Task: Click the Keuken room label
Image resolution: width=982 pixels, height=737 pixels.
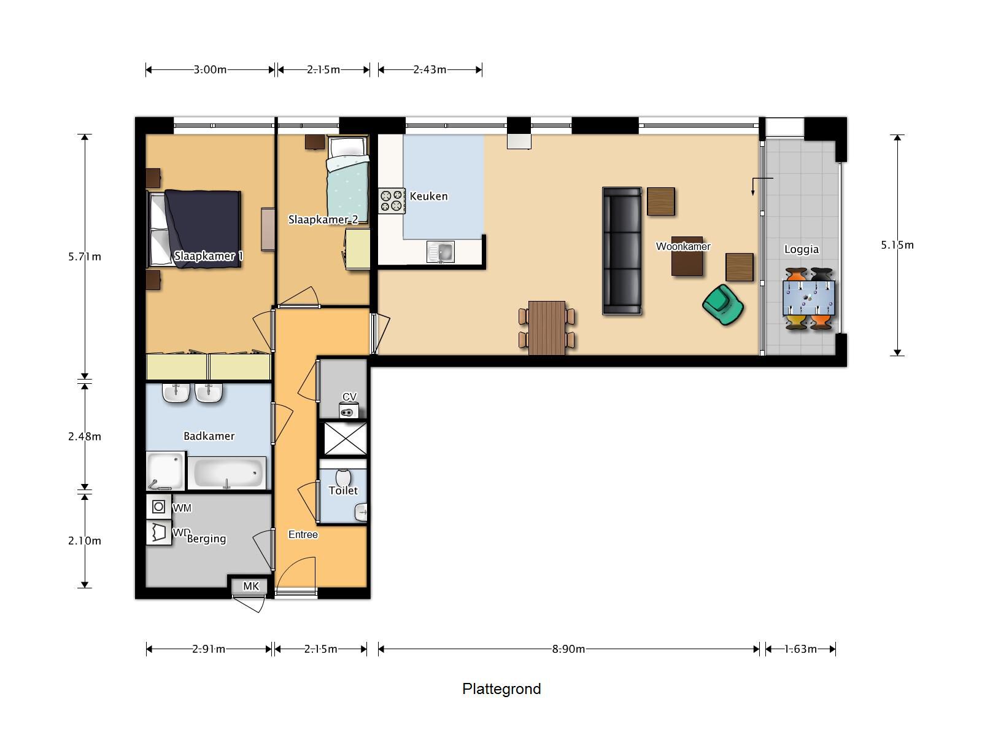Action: (428, 197)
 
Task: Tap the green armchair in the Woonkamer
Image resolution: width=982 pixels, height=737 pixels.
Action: (723, 304)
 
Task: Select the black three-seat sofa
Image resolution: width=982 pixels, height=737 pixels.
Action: (622, 251)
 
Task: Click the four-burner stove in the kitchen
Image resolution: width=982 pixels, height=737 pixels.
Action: (392, 201)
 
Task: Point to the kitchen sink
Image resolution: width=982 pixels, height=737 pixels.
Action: (441, 251)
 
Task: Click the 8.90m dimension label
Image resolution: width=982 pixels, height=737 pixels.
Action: (568, 649)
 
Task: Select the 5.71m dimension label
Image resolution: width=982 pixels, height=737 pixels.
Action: (85, 257)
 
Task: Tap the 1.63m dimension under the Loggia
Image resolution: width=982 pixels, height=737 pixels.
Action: (800, 649)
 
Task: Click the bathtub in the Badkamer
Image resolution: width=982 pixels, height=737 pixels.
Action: (227, 473)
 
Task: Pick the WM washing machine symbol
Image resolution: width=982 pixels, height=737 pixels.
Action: (158, 507)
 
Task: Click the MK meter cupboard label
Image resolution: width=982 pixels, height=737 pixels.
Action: (251, 587)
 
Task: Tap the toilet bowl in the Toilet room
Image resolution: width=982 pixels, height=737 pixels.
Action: (343, 477)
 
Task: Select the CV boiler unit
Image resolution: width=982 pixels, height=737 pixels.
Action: (349, 411)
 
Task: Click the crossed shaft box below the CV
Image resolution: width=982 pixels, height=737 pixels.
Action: (345, 439)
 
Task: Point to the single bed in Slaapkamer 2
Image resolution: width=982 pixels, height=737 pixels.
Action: (347, 174)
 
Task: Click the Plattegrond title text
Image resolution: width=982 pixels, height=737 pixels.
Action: (501, 688)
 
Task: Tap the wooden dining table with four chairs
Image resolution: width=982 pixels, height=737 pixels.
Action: (546, 327)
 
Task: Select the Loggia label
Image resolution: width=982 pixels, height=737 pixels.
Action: (801, 249)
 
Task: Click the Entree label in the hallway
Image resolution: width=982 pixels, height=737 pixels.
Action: (303, 534)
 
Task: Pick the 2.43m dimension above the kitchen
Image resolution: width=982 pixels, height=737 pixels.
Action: (430, 69)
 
